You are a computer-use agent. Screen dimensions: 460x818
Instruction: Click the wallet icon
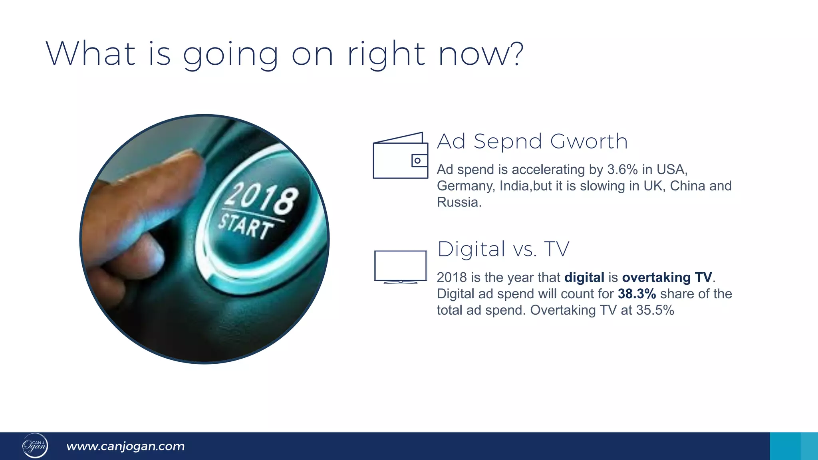pyautogui.click(x=400, y=156)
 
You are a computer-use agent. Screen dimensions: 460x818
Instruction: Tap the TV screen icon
pyautogui.click(x=400, y=266)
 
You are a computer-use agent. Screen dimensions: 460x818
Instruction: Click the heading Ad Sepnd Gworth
pyautogui.click(x=532, y=141)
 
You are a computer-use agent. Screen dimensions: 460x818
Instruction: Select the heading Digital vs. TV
pyautogui.click(x=503, y=249)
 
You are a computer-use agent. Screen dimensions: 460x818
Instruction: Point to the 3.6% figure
pyautogui.click(x=622, y=170)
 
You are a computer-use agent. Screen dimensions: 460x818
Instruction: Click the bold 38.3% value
pyautogui.click(x=637, y=294)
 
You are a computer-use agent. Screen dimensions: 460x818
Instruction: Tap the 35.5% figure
pyautogui.click(x=655, y=310)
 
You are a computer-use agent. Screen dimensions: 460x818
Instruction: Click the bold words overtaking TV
pyautogui.click(x=667, y=278)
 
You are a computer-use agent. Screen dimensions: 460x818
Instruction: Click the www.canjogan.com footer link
pyautogui.click(x=125, y=446)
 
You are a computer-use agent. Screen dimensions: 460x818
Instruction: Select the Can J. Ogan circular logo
pyautogui.click(x=35, y=446)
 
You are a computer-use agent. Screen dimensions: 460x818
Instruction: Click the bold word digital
pyautogui.click(x=584, y=278)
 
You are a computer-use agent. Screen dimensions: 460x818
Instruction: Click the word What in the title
pyautogui.click(x=91, y=54)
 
